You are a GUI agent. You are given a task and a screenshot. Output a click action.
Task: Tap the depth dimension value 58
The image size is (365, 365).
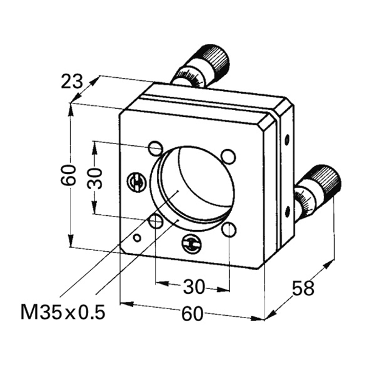(x=305, y=288)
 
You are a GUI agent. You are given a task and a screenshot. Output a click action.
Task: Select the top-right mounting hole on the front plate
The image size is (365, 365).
(x=229, y=156)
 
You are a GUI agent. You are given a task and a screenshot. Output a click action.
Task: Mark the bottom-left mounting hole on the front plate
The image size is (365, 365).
(x=156, y=222)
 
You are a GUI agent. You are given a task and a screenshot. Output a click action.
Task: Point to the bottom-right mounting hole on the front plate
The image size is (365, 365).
(x=229, y=229)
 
